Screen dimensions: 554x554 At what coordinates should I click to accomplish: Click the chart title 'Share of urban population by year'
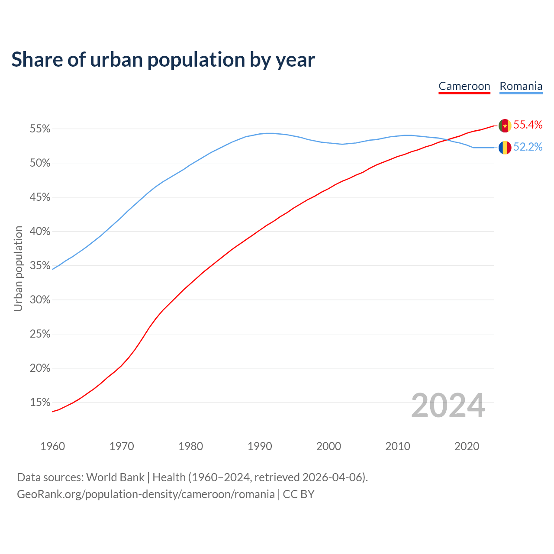coord(163,59)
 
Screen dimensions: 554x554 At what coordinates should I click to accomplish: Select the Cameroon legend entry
coord(464,86)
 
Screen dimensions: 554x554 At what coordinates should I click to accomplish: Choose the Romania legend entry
coord(521,86)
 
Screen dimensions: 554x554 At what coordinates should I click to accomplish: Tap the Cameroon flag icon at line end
coord(505,126)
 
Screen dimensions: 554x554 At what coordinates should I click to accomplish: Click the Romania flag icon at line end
coord(505,148)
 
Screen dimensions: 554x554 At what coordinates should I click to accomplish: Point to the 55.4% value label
coord(528,125)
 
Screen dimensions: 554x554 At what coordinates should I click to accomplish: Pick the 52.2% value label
coord(528,147)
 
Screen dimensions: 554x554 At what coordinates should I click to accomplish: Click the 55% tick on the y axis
coord(40,129)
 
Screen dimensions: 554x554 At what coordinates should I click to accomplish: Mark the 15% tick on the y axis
coord(40,403)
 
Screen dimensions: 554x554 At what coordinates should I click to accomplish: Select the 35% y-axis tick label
coord(40,266)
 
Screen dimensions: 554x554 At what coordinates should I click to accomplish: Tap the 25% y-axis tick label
coord(40,334)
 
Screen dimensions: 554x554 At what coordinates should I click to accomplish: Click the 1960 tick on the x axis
coord(52,446)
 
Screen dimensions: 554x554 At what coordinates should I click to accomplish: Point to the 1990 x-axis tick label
coord(260,446)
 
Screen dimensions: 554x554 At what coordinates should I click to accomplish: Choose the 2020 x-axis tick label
coord(467,446)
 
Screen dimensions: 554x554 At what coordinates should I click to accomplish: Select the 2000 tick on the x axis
coord(329,446)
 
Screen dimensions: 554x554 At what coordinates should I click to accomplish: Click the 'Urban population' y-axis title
coord(18,268)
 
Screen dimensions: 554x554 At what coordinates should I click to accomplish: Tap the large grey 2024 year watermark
coord(448,406)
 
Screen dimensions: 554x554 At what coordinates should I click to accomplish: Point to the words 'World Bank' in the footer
coord(115,477)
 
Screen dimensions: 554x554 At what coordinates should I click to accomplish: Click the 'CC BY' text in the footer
coord(299,494)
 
